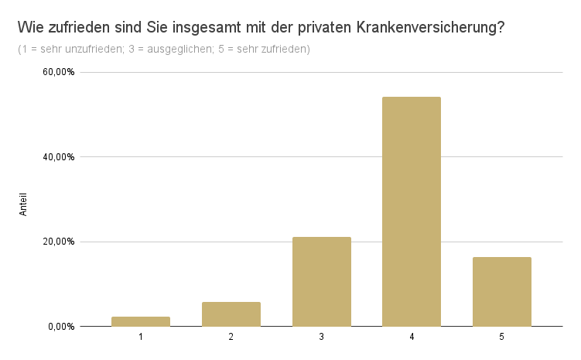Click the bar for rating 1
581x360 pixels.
pos(141,321)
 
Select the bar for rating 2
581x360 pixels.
pos(231,314)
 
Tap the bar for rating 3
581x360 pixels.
pos(321,282)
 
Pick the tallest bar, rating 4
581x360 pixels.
pos(412,211)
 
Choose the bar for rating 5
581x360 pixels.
pos(501,292)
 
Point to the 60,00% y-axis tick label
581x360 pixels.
pos(59,72)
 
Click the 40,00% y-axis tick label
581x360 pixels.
pos(59,157)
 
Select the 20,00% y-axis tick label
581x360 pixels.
pos(59,242)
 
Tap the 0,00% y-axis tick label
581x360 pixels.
pos(61,327)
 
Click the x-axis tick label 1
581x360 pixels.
pos(141,338)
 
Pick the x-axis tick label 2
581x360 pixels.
pos(231,338)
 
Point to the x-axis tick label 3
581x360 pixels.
pos(321,338)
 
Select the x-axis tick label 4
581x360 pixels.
pos(412,338)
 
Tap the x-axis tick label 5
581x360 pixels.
pos(501,338)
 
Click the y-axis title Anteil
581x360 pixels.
pos(23,203)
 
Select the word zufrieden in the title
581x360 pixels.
pos(78,29)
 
